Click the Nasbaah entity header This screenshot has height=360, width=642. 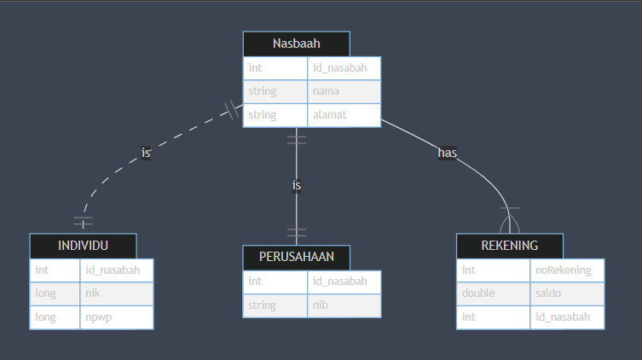pos(296,44)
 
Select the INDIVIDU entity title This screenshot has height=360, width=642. pos(83,246)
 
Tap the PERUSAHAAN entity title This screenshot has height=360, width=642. pos(296,258)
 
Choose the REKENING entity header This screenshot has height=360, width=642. pos(509,246)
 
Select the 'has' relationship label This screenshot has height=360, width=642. pos(448,153)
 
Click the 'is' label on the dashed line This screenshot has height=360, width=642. pos(146,153)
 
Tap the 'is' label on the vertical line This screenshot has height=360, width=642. pos(297,185)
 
